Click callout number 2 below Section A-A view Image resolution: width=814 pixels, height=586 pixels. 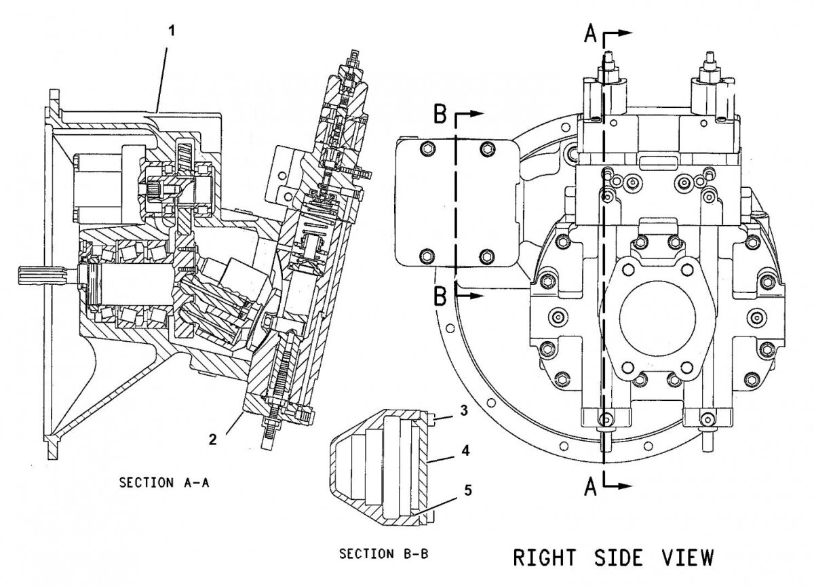(214, 439)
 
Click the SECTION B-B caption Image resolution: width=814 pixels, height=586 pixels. (384, 554)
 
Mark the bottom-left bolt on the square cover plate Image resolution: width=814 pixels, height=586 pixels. (425, 256)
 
